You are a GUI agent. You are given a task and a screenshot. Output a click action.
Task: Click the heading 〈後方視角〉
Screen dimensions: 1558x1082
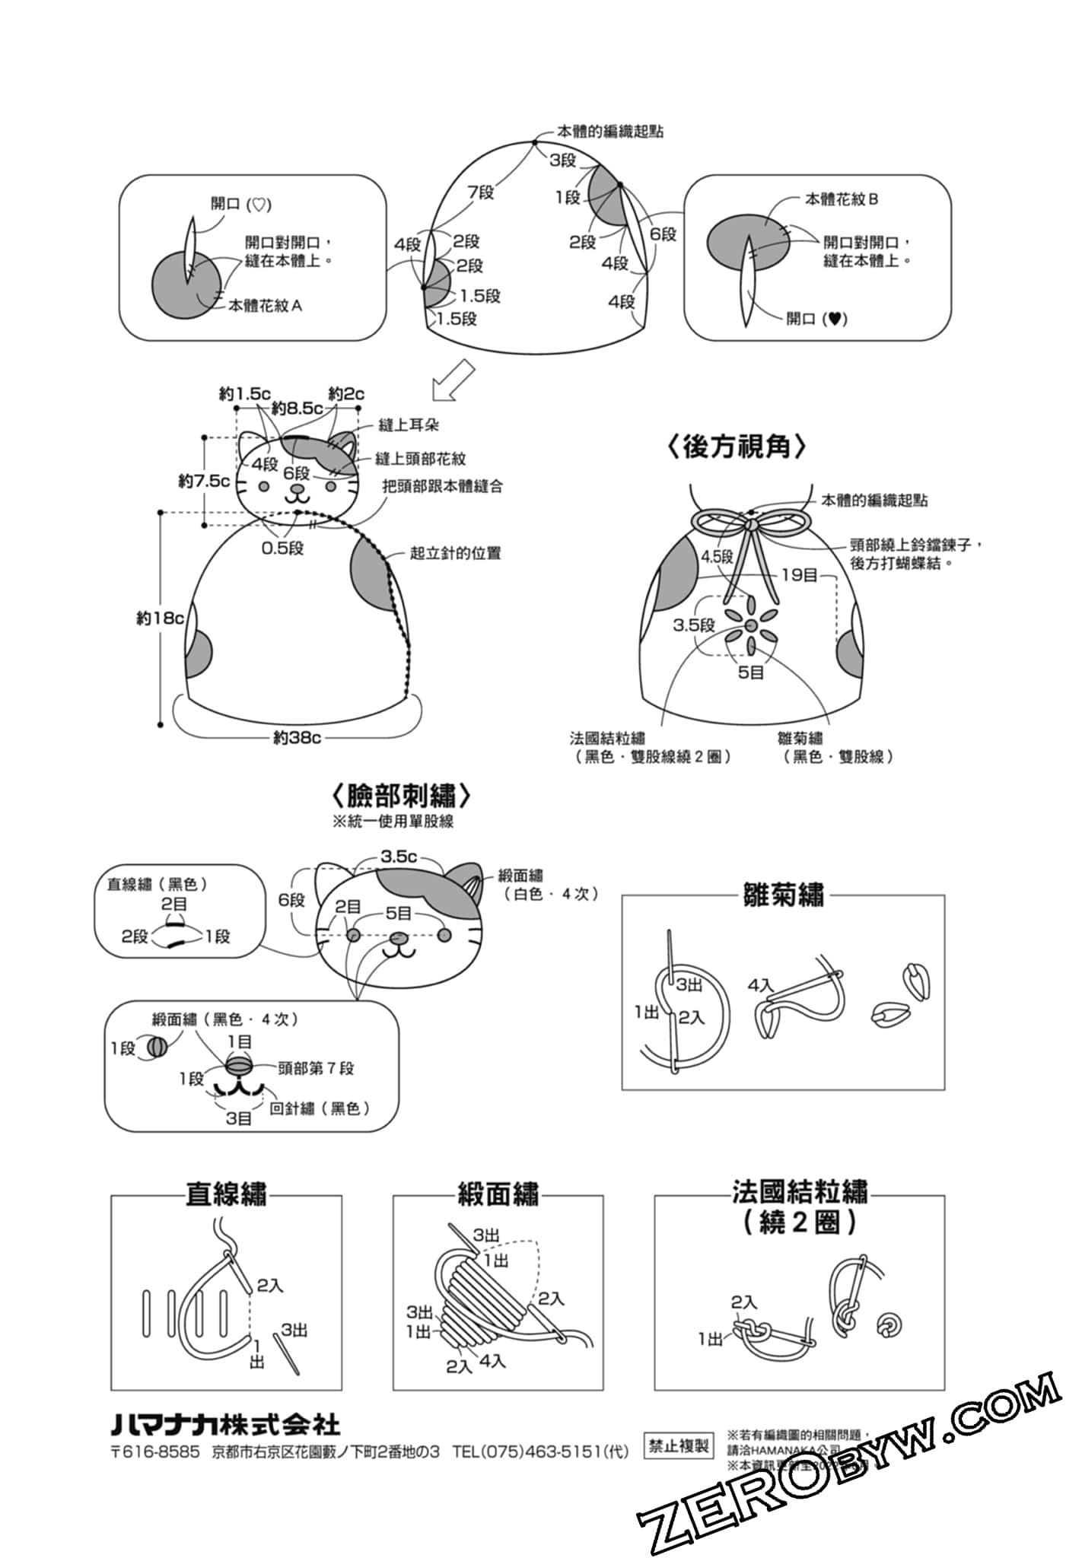(737, 447)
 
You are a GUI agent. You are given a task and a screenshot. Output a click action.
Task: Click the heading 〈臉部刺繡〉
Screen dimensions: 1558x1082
(402, 796)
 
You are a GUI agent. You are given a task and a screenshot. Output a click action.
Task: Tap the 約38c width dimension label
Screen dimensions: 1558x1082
(297, 737)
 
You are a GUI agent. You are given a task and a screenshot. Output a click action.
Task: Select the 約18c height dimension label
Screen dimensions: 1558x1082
(160, 618)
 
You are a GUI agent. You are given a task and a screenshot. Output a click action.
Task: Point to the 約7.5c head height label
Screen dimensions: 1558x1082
(204, 481)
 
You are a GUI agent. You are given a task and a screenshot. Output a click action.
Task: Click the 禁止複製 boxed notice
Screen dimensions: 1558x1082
(678, 1446)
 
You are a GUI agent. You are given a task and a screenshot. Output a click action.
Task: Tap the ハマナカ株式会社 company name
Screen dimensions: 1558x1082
(226, 1425)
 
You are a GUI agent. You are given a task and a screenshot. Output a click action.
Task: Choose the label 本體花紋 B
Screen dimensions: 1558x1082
(842, 199)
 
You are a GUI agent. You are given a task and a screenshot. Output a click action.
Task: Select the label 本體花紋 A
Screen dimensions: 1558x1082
(265, 306)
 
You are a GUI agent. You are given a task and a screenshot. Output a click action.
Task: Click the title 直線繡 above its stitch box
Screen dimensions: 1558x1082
(226, 1194)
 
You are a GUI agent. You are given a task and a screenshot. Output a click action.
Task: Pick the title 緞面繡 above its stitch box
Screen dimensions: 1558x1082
(498, 1194)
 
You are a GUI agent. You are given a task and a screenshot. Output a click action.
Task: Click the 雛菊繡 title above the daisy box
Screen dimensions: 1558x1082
(783, 895)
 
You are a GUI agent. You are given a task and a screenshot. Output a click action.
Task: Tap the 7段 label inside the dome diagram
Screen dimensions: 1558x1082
(480, 192)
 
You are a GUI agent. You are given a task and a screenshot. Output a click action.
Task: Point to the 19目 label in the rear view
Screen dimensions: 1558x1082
(799, 575)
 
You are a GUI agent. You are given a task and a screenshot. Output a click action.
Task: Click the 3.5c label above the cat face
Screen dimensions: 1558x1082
(399, 857)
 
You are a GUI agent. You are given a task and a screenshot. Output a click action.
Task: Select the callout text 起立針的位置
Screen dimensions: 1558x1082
(455, 553)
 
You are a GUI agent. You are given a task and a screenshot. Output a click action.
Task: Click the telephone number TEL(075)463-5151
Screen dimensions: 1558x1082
(540, 1451)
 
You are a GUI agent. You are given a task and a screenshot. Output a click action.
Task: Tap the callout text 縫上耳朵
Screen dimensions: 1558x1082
(409, 425)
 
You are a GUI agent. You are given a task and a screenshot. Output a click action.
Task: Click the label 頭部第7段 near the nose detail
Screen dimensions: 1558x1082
(316, 1068)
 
